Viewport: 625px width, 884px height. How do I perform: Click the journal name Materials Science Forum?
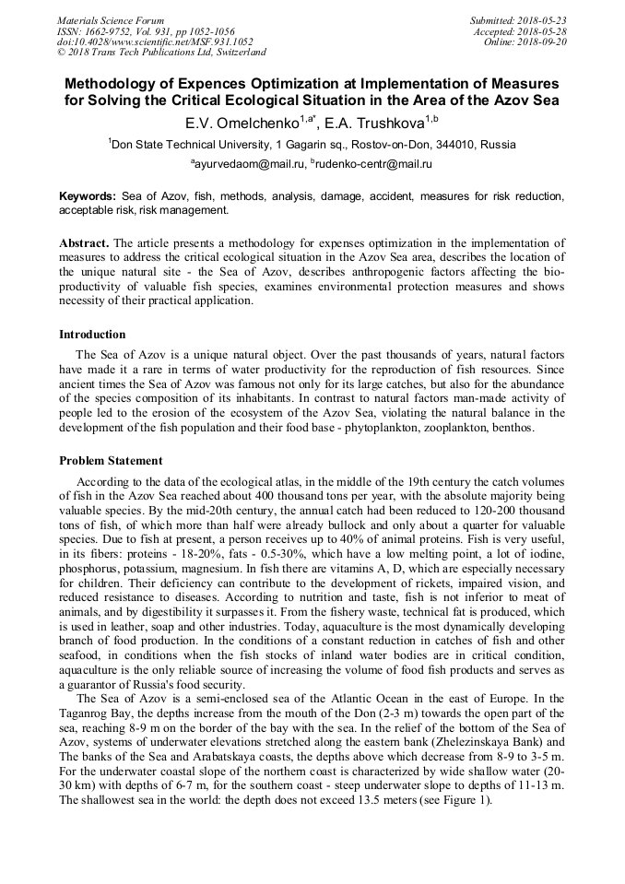coord(111,20)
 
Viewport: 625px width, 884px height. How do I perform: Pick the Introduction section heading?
coord(92,335)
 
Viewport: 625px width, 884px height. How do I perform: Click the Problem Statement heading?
coord(111,461)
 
